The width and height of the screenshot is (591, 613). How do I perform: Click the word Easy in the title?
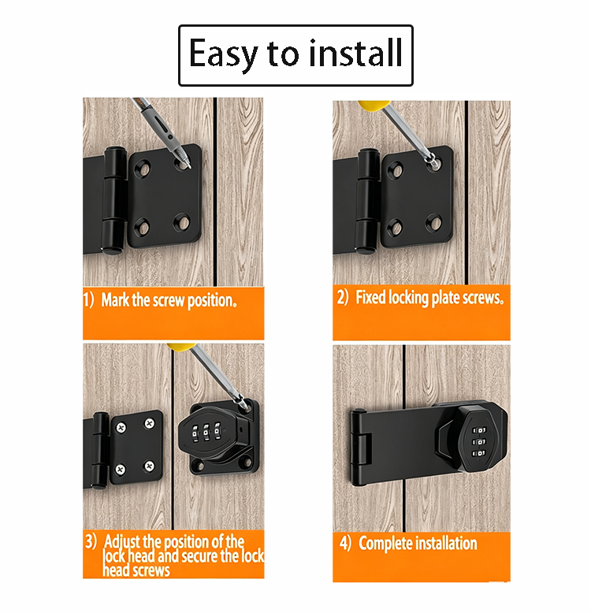223,54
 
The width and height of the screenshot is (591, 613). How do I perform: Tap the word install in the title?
355,52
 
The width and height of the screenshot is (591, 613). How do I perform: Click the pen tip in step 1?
188,165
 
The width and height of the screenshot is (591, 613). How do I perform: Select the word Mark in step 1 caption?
115,300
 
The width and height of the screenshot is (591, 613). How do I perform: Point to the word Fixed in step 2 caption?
370,298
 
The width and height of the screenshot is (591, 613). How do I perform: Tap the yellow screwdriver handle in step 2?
374,105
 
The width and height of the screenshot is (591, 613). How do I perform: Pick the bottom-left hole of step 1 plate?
142,227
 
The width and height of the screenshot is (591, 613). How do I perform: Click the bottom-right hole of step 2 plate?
434,222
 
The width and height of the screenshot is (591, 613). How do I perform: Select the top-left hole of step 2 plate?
396,169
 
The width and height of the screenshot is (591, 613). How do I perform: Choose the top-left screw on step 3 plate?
121,428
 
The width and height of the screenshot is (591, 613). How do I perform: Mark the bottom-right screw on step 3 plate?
149,466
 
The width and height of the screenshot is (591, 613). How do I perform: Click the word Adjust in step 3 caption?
121,543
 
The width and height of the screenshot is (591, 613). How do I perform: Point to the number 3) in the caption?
91,542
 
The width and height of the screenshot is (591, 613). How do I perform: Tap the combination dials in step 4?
479,442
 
